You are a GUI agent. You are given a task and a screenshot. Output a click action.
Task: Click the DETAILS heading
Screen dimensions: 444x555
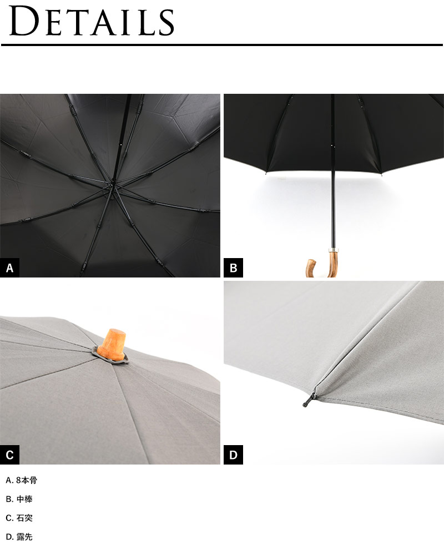(x=92, y=21)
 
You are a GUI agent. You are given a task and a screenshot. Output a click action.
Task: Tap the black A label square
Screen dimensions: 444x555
(x=9, y=268)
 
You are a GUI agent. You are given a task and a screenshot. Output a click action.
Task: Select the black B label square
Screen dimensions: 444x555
(x=233, y=268)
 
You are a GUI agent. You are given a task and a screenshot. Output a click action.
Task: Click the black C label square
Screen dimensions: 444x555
(x=9, y=455)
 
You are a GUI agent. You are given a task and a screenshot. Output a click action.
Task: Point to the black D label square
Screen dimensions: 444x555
(x=233, y=455)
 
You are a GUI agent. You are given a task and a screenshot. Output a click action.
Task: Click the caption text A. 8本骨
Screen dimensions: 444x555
(x=21, y=480)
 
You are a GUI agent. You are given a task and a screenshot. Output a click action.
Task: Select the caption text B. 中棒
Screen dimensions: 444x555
(x=19, y=499)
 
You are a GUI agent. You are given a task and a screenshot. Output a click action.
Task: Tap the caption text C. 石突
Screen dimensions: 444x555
(x=19, y=518)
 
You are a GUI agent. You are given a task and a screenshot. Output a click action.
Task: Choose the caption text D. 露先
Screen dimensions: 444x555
(x=19, y=537)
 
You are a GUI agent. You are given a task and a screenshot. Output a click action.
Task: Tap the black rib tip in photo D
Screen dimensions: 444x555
(x=309, y=400)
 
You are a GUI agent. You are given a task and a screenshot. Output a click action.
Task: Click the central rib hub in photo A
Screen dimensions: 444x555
(x=113, y=185)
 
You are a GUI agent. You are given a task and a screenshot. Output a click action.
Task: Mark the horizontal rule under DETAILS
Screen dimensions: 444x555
(x=222, y=45)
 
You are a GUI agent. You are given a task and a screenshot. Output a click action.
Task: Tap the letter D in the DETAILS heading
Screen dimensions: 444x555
(x=24, y=21)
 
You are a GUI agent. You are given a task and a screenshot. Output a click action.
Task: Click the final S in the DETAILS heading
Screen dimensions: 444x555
(x=166, y=23)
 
